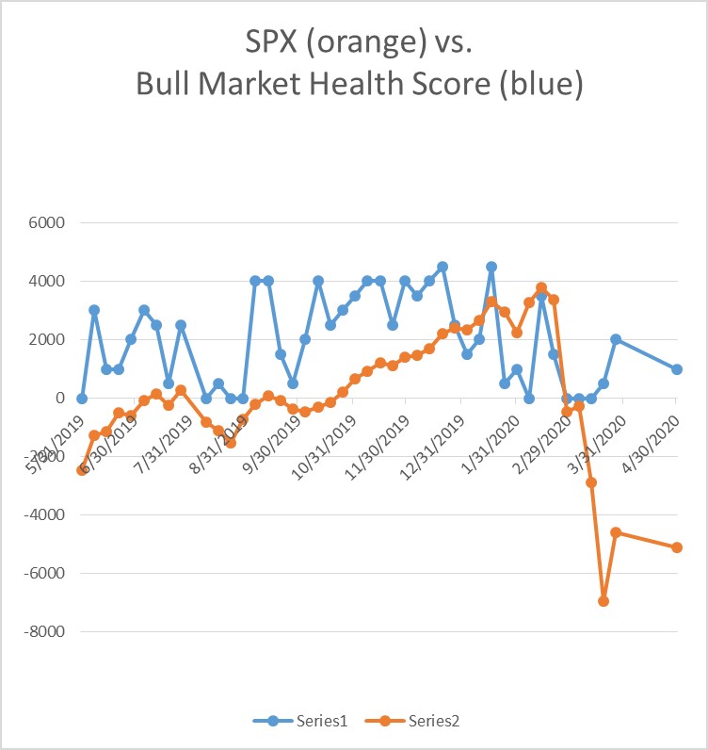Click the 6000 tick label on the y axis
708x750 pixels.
click(x=44, y=223)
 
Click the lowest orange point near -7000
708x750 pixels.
click(x=603, y=601)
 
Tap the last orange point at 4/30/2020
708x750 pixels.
click(x=677, y=547)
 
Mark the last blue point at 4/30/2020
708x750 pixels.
click(x=677, y=369)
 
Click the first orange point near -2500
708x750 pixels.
click(x=82, y=470)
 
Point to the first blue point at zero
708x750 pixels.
click(x=82, y=399)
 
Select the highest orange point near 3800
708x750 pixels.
click(x=541, y=287)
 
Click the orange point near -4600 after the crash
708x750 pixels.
click(x=616, y=532)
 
